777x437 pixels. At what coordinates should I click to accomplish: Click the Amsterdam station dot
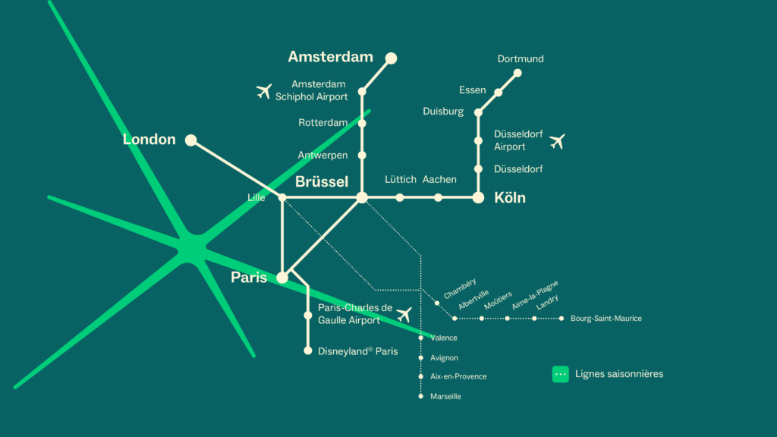(x=391, y=58)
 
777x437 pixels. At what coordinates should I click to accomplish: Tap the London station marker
(x=190, y=140)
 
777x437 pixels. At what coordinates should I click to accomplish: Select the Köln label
(x=510, y=198)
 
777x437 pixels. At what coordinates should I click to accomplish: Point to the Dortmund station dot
(x=517, y=74)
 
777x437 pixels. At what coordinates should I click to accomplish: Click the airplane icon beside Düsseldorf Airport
(x=558, y=142)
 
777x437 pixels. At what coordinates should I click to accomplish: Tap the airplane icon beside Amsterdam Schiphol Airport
(x=264, y=92)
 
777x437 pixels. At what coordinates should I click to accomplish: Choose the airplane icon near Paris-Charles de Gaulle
(x=404, y=314)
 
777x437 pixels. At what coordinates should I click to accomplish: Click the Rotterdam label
(x=322, y=123)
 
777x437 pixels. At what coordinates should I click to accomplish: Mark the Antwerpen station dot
(x=362, y=156)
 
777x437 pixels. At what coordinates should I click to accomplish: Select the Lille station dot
(x=282, y=198)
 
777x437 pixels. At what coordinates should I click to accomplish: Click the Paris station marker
(x=282, y=278)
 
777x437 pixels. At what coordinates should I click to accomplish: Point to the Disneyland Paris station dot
(x=308, y=351)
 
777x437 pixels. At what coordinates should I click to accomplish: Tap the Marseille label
(x=445, y=396)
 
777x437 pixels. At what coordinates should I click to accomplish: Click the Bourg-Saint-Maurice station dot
(x=561, y=319)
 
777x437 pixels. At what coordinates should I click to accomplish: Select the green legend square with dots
(x=561, y=375)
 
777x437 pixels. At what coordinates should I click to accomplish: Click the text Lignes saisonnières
(x=619, y=374)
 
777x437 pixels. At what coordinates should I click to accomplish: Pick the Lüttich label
(x=401, y=179)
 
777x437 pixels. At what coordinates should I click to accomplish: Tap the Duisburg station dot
(x=478, y=113)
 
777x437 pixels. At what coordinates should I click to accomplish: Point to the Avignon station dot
(x=420, y=358)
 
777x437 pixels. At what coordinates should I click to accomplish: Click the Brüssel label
(x=322, y=182)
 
